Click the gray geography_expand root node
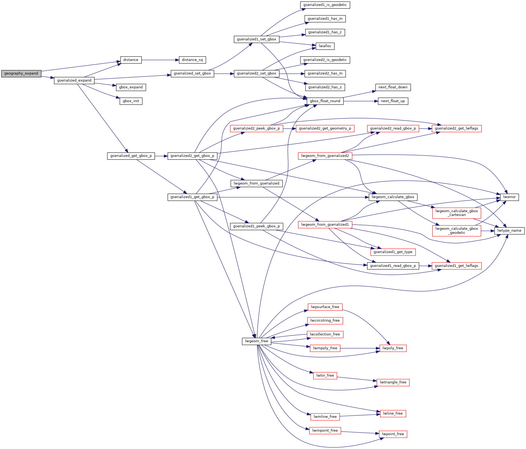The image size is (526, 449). pos(21,73)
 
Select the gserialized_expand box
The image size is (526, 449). pos(74,80)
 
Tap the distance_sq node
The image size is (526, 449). pos(192,60)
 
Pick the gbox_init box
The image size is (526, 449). pos(131,101)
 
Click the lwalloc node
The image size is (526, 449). pos(325,46)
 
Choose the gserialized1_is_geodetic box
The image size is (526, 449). pos(325,5)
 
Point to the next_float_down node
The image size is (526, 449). pos(393,87)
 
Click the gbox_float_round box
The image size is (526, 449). pos(325,101)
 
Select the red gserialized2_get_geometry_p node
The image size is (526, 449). pos(325,128)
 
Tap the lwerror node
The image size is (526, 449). pos(509,197)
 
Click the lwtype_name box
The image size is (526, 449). pos(509,231)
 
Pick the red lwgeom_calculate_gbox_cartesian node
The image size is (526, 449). pos(457,213)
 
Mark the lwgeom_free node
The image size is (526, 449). pos(256,341)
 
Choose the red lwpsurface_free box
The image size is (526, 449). pos(325,307)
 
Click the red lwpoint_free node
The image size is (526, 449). pos(393,434)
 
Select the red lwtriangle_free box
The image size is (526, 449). pos(393,382)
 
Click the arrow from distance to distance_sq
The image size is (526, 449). pos(160,60)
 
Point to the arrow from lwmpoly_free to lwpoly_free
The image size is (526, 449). pos(360,348)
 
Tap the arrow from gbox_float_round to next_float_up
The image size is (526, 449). pos(361,101)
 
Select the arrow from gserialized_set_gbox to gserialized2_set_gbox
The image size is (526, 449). pos(224,73)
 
